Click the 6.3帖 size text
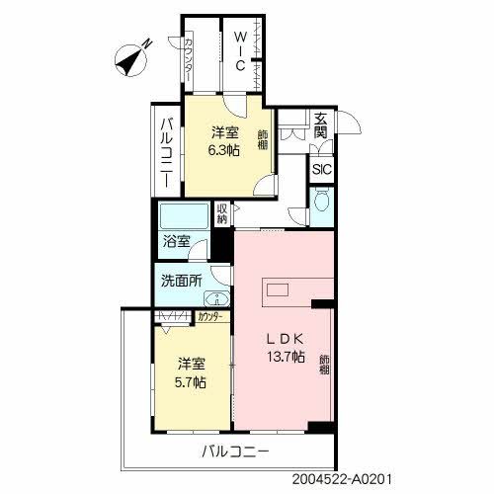coord(222,150)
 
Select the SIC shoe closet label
coord(322,169)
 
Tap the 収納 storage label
coord(223,213)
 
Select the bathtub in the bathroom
coord(180,216)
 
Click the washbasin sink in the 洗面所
coord(217,299)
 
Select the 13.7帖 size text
coord(284,357)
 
